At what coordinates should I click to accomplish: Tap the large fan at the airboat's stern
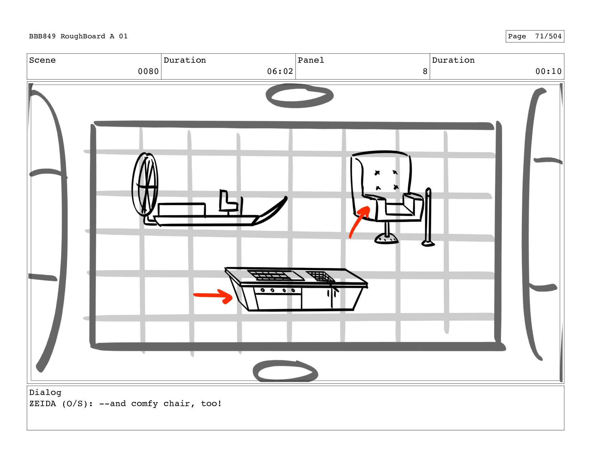coord(145,185)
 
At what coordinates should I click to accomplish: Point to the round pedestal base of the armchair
coord(386,239)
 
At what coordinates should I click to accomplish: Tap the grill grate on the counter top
coord(275,275)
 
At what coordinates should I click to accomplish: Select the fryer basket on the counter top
coord(321,276)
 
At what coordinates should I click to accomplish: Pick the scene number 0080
coord(148,71)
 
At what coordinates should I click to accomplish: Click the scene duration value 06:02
coord(280,71)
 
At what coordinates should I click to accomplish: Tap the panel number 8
coord(425,71)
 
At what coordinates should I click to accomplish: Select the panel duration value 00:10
coord(549,71)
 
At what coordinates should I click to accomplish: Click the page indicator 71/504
coord(548,36)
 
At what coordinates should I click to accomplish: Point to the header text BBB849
coord(42,36)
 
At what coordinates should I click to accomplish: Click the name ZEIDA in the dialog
coord(42,403)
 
